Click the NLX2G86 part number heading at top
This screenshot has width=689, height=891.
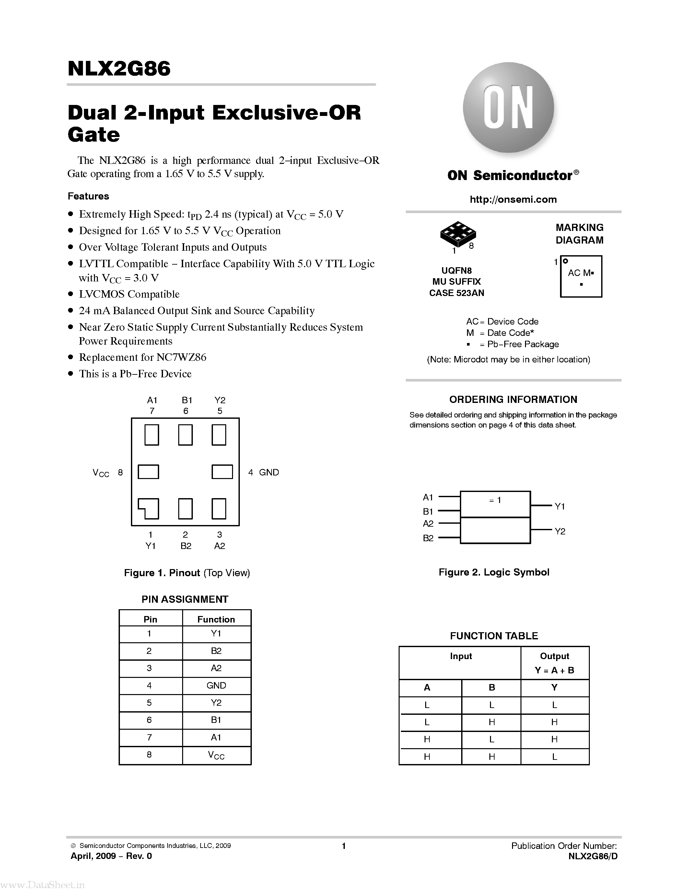[119, 69]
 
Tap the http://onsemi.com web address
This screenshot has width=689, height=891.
[513, 200]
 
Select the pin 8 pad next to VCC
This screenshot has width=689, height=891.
[148, 472]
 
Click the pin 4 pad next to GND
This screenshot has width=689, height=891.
[222, 472]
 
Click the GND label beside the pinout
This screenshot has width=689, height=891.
[269, 473]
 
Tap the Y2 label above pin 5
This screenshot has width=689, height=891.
[220, 400]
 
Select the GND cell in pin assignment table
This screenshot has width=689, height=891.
[216, 685]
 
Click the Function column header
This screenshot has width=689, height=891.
[216, 619]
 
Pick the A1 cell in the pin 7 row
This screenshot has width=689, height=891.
[216, 737]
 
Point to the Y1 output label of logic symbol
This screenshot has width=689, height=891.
[560, 506]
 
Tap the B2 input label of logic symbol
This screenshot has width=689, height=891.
[428, 538]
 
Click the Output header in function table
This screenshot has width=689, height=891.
[554, 656]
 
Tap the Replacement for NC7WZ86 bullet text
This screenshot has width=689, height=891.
[143, 357]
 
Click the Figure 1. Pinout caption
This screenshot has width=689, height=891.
[187, 573]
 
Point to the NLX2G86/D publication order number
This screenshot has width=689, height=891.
[593, 856]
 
